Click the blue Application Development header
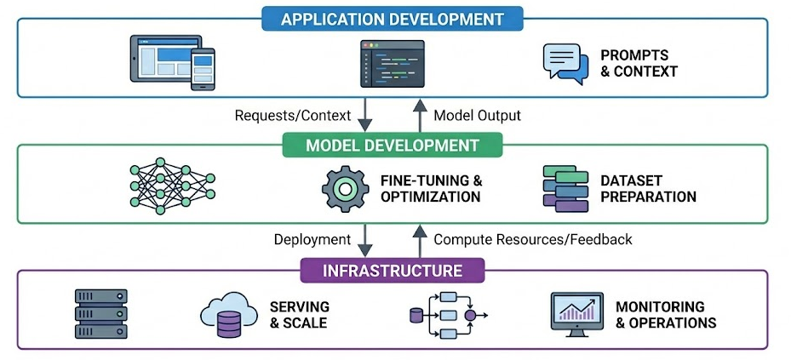tap(393, 19)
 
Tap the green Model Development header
tap(393, 146)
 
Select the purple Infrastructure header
tap(393, 271)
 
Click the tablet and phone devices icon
tap(171, 62)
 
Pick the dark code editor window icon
tap(392, 63)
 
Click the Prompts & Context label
tap(639, 63)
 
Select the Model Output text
tap(477, 115)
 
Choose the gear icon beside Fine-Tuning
tap(343, 188)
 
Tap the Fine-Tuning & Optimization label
tap(430, 188)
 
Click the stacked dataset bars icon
tap(565, 188)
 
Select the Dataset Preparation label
tap(648, 188)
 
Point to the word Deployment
tap(312, 240)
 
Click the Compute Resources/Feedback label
tap(533, 240)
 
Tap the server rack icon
tap(100, 315)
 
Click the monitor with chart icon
tap(576, 315)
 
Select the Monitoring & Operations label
tap(665, 315)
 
